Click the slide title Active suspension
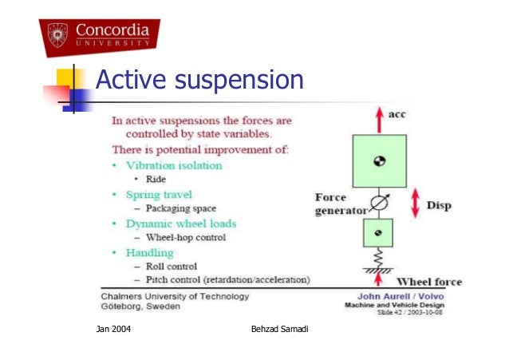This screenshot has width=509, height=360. [199, 81]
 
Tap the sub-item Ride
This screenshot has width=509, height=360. [155, 180]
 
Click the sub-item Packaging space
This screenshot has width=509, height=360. [183, 208]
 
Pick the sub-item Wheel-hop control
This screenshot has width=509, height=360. [186, 237]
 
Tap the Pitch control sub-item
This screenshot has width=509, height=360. [227, 279]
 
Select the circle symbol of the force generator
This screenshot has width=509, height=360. [379, 204]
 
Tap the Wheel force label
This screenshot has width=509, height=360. [429, 282]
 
